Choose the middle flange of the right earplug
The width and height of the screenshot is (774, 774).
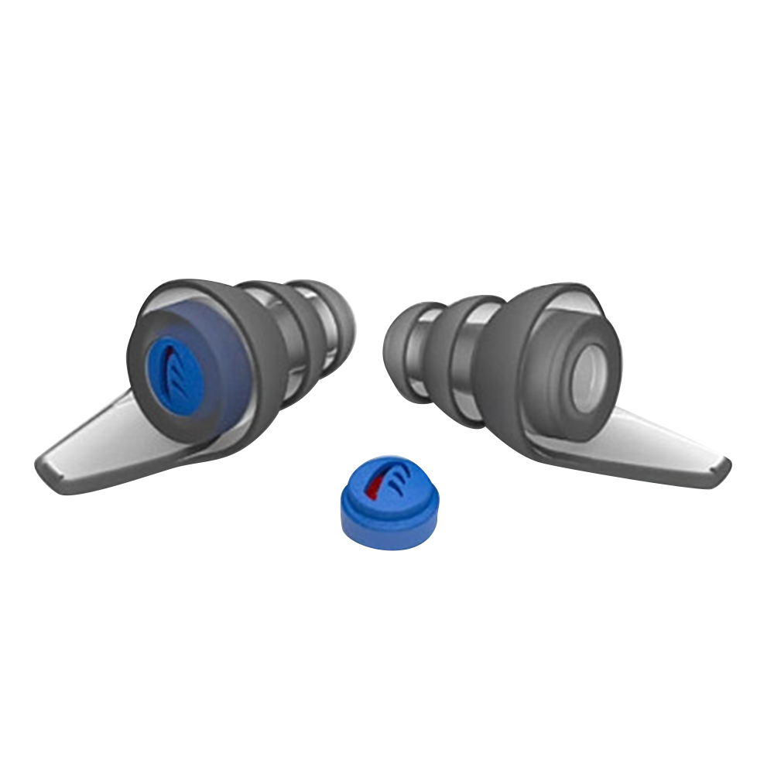[x=449, y=341]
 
